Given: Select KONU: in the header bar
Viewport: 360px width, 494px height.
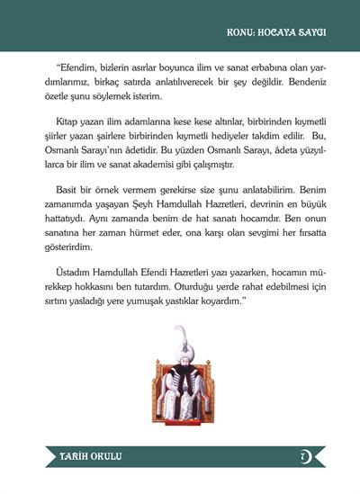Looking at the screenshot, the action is point(241,32).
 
